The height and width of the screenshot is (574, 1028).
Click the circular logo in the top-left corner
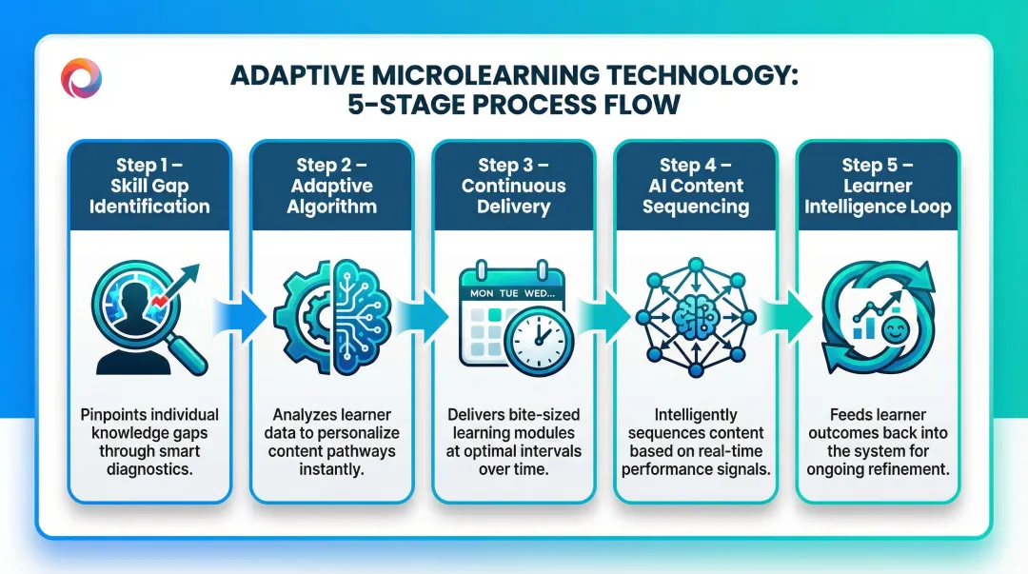tap(81, 77)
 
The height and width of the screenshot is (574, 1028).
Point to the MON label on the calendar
tap(482, 293)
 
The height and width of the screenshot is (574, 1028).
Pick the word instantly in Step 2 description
tap(331, 469)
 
